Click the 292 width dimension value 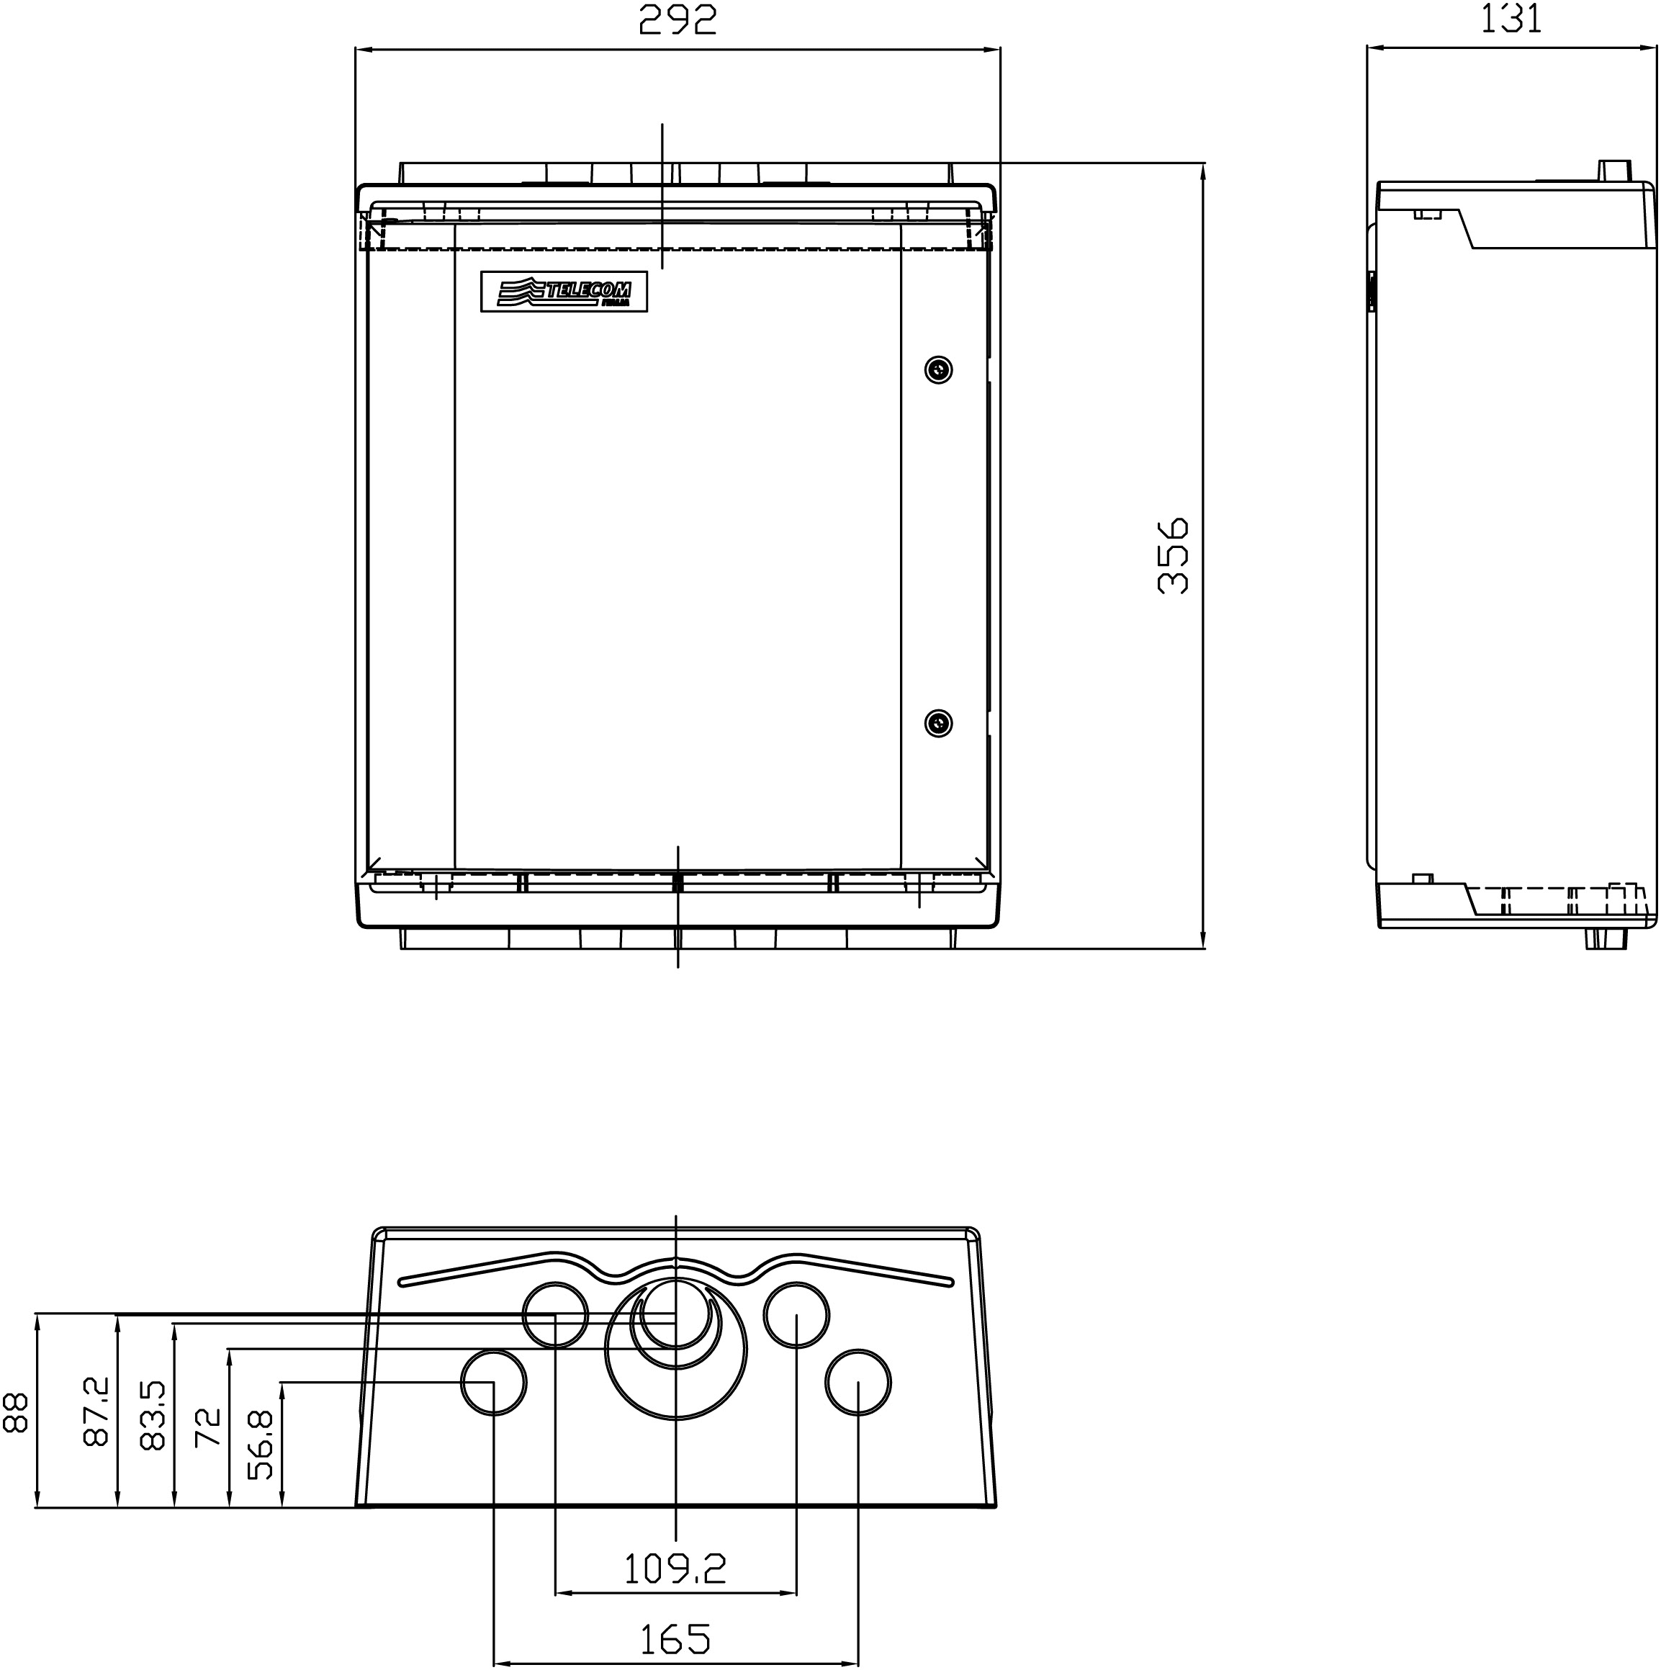coord(678,20)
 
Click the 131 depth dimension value coord(1511,18)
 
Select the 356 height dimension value coord(1173,556)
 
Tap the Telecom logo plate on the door coord(564,292)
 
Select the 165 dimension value coord(675,1639)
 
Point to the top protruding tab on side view coord(1613,170)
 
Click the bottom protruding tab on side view coord(1606,939)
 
